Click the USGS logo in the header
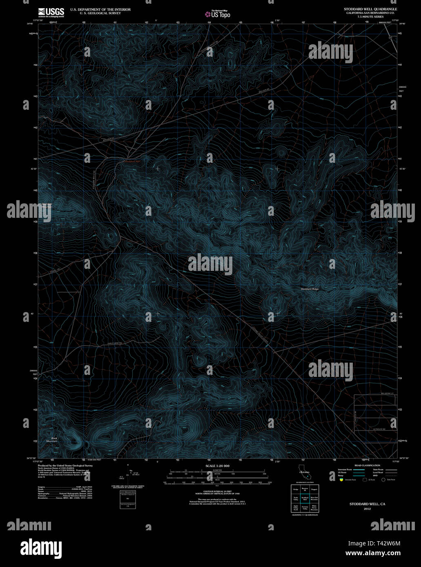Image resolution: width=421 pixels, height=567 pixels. pos(51,12)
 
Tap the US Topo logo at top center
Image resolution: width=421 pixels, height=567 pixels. pos(218,14)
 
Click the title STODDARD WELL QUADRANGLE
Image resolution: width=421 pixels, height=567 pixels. pos(371,9)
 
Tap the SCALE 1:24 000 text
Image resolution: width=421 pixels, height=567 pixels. pos(218,466)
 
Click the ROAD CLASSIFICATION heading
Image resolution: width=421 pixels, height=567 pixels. pos(367,465)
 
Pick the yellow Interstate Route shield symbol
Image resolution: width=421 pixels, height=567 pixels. pos(340,480)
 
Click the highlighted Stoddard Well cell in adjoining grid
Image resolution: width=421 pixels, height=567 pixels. pos(305,498)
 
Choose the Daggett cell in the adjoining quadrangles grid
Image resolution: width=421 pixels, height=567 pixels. pos(314,489)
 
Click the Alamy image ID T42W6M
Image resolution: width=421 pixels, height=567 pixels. pos(374,543)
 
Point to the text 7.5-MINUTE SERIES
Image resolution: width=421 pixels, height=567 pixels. pos(370,16)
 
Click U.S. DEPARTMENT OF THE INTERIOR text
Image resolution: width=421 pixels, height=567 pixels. pos(100,9)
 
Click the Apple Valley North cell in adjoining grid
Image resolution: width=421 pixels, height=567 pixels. pos(295,507)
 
